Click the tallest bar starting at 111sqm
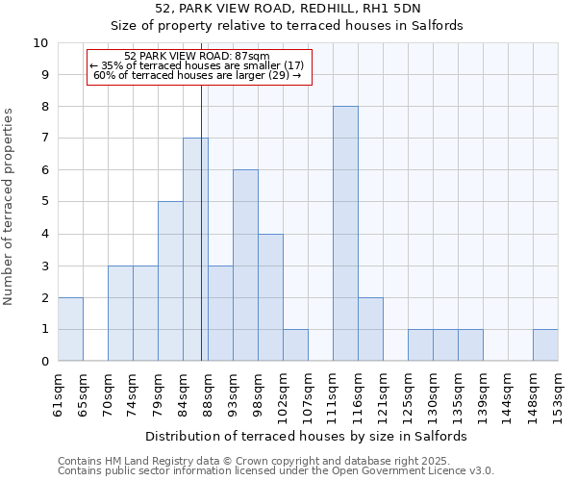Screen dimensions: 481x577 coord(345,234)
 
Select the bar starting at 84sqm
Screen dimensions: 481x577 coord(195,249)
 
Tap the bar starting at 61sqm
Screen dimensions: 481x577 coord(70,329)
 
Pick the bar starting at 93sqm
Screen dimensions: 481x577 coord(245,266)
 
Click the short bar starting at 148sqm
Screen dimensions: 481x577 coord(545,345)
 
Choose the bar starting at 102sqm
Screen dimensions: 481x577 coord(295,345)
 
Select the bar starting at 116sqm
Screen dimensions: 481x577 coord(370,329)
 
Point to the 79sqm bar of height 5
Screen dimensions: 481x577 coord(170,281)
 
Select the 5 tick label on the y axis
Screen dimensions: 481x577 coord(43,202)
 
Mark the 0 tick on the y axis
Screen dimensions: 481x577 coord(43,362)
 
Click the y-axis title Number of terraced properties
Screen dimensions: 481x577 coord(10,207)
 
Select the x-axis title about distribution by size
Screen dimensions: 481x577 coord(308,436)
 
